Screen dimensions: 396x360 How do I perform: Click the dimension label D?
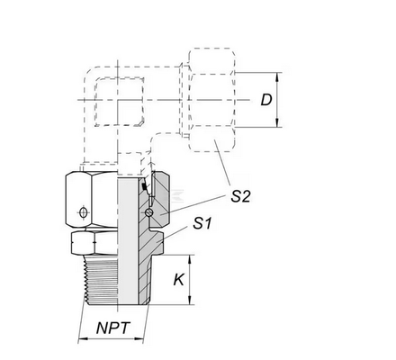coord(266,100)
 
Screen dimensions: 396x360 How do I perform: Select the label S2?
coord(240,196)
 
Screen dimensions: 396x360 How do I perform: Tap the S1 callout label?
coord(202,223)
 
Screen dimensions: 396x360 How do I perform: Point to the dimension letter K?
coord(179,280)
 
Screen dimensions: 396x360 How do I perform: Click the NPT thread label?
coord(113,328)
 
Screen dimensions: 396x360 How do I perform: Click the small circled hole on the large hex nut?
coord(84,212)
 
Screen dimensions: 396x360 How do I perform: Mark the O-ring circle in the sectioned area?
coord(148,212)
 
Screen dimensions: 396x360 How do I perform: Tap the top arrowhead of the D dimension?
coord(277,76)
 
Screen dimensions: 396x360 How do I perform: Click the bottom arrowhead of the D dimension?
coord(277,122)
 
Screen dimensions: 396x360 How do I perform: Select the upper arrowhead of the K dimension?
coord(190,259)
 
